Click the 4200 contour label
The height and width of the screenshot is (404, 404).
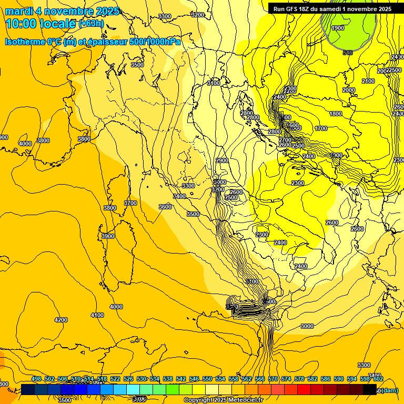coord(61,320)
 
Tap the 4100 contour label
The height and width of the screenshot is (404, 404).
coord(97,315)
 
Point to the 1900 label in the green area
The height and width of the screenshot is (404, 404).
coord(338,28)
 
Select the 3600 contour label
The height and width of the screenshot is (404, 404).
coord(165,207)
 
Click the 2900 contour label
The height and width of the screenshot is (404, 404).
coord(222,160)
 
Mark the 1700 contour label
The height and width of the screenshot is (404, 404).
coord(321,128)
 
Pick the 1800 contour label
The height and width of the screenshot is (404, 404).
coord(336,114)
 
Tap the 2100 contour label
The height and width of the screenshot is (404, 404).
coord(368,81)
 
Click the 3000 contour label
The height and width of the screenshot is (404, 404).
coord(307,326)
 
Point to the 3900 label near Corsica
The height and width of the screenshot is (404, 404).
coord(108,236)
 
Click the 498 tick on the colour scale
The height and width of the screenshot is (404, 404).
coord(36,379)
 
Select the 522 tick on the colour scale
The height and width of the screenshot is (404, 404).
coord(115,379)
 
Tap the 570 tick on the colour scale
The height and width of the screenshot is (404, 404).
coord(273,379)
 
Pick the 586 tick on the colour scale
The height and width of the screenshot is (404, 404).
coord(326,379)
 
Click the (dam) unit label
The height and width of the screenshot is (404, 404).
coord(389,390)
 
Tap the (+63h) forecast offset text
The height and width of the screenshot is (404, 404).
coord(91,23)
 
